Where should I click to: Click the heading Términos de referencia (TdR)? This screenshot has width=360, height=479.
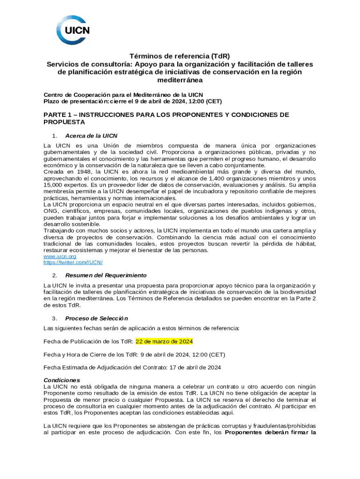click(x=180, y=56)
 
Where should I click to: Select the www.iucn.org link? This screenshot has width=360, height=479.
click(x=59, y=256)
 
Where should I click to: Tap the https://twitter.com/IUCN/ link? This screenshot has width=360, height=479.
click(x=73, y=262)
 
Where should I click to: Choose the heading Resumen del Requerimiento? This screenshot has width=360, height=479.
click(x=106, y=275)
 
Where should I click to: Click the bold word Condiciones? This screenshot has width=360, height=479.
click(x=62, y=380)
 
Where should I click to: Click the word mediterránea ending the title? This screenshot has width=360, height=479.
click(x=180, y=80)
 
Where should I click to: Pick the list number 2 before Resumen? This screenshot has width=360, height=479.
click(x=55, y=275)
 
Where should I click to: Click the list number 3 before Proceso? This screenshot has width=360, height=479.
click(x=55, y=318)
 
